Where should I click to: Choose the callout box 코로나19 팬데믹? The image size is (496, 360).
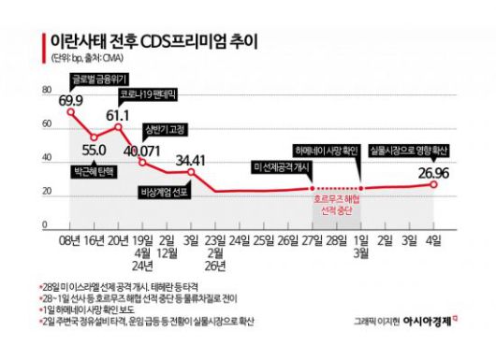(147, 95)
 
